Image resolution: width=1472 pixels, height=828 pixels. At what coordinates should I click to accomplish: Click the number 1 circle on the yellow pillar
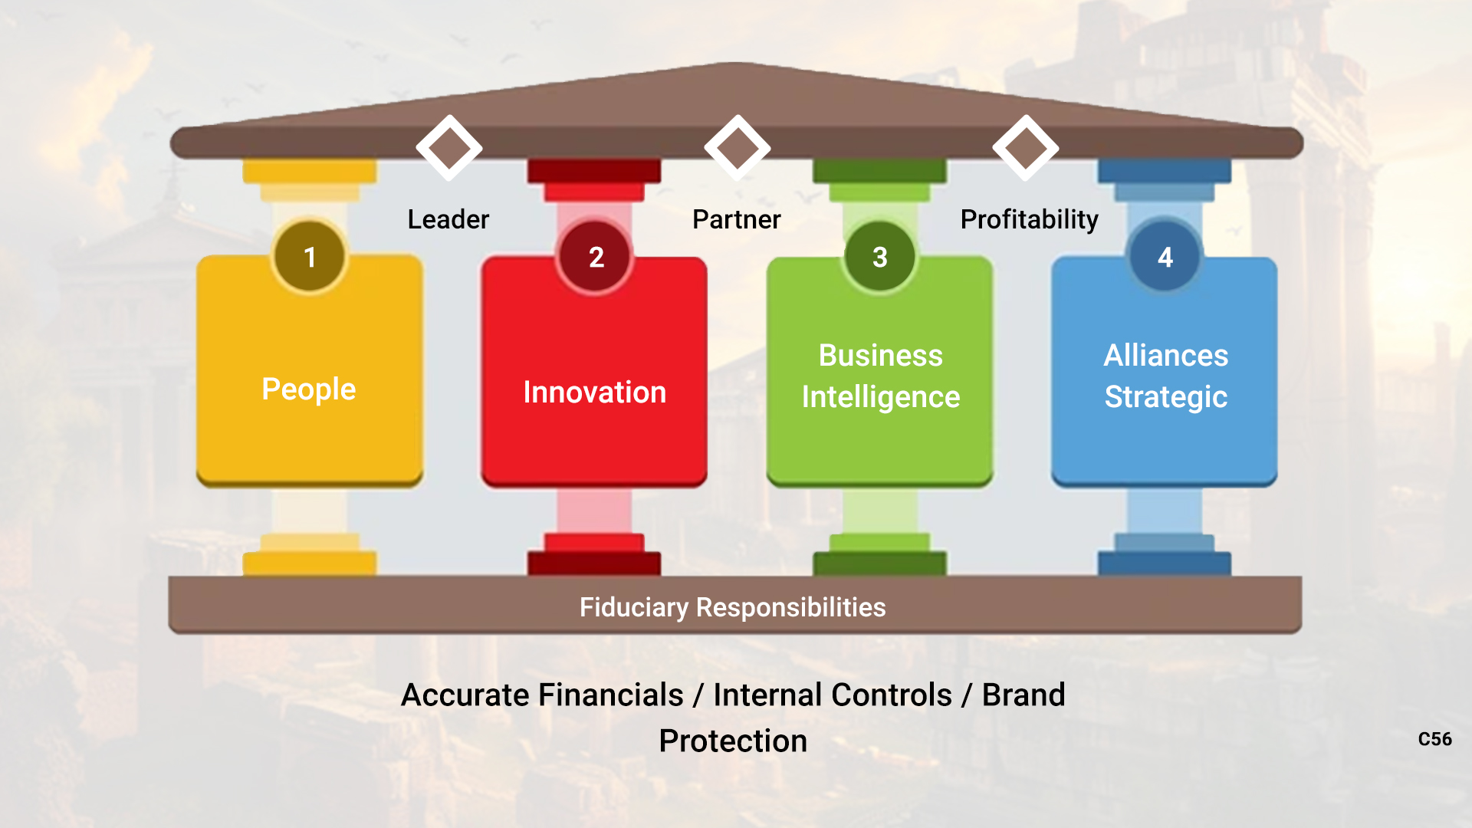click(310, 256)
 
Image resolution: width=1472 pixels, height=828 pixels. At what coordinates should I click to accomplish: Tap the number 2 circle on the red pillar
click(595, 256)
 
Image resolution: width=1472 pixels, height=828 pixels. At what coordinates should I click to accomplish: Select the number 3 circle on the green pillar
click(880, 256)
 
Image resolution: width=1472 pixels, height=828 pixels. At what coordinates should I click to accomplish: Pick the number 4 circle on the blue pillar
click(1165, 256)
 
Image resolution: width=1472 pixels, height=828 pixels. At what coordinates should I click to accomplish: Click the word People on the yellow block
click(309, 389)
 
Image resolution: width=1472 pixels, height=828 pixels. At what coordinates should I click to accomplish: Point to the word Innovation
click(595, 393)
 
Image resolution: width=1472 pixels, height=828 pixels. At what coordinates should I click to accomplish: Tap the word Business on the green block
click(881, 356)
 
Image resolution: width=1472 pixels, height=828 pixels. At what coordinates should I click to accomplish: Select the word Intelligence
click(881, 397)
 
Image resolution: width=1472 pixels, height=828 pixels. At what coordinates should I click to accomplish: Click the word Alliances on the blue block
click(1166, 356)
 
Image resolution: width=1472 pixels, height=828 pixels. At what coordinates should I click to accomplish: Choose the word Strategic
click(1166, 397)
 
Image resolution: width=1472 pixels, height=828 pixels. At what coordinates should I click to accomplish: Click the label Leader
click(449, 219)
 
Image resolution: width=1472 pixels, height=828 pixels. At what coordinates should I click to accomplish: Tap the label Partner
click(737, 219)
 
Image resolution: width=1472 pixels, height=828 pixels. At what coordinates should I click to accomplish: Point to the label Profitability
click(1030, 219)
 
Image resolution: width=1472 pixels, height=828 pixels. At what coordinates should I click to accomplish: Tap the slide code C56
click(1435, 739)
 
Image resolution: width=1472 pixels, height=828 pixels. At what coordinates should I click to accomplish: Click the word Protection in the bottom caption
click(733, 741)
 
